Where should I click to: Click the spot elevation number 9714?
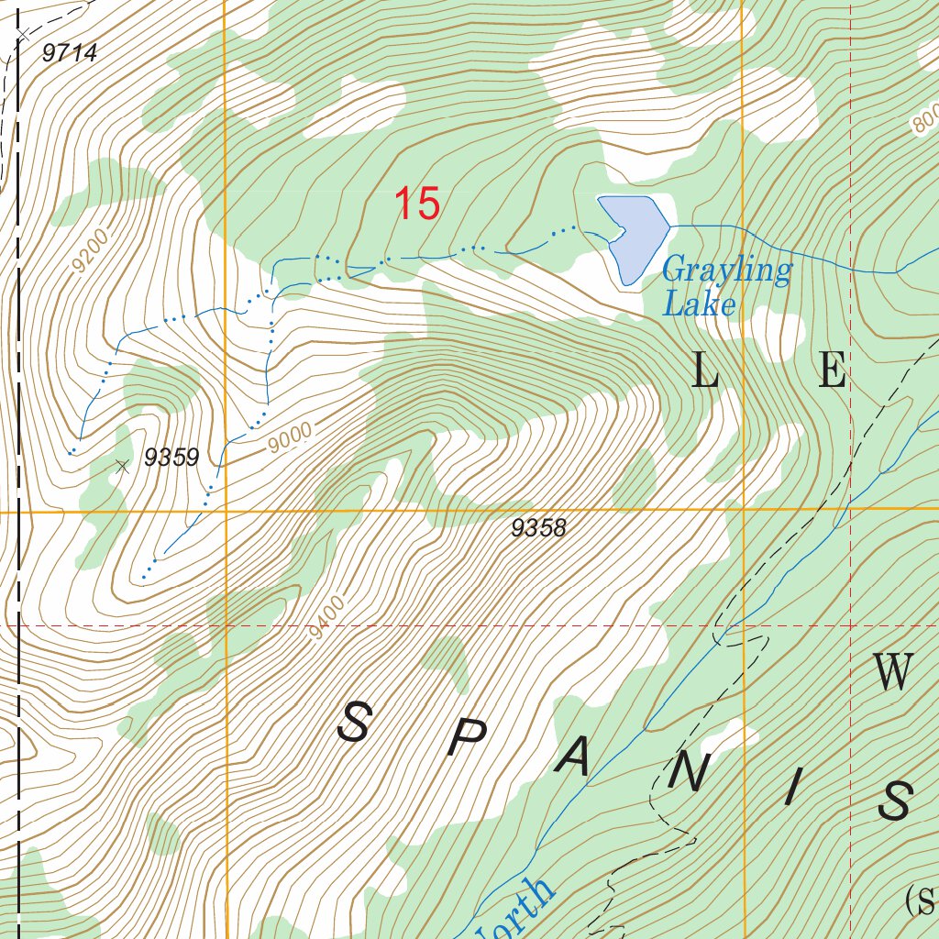coord(70,54)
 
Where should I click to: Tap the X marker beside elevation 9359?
coord(122,466)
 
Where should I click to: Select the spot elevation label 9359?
coord(171,458)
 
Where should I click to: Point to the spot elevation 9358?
coord(539,528)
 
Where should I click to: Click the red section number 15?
coord(417,204)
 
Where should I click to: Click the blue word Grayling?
coord(726,271)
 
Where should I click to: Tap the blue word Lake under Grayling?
coord(699,304)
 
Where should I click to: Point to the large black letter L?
coord(704,372)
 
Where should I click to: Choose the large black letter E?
coord(832,372)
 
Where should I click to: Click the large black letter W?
coord(893,674)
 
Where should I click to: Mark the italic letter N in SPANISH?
coord(688,776)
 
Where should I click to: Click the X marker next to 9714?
coord(22,35)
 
